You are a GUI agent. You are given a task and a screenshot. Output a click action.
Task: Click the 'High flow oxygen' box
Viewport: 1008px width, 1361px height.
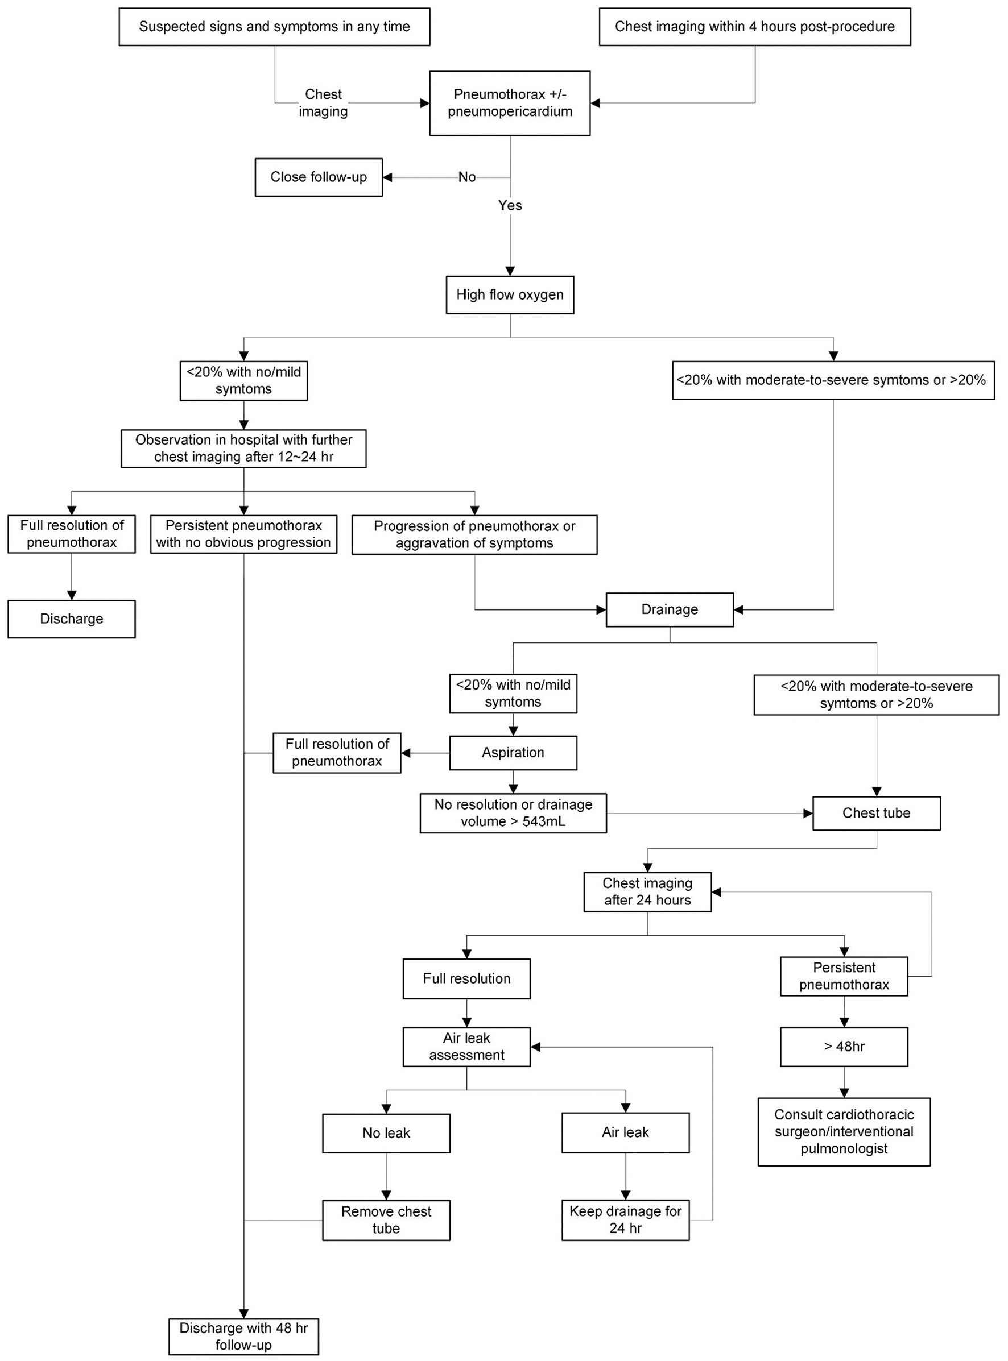coord(510,295)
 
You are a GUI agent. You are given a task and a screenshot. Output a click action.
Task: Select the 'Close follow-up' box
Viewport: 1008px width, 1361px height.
coord(319,177)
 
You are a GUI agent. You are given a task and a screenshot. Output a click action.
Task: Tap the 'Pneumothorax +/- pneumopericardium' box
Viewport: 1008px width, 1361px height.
coord(510,103)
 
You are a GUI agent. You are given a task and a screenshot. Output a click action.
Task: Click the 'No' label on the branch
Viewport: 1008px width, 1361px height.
coord(467,177)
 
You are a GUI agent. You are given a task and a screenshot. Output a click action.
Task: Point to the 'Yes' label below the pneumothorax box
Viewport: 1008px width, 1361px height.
coord(510,205)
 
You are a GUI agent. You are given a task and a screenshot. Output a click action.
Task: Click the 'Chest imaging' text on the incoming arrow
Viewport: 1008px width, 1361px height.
coord(323,103)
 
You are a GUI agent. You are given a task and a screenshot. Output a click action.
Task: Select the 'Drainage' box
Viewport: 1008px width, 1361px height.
coord(670,609)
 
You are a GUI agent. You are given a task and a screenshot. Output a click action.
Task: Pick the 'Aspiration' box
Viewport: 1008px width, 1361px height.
coord(513,753)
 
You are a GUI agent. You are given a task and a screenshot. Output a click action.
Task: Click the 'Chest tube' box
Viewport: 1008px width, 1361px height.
coord(876,813)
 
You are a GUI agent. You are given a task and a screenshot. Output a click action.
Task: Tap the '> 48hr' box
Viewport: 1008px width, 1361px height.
coord(844,1047)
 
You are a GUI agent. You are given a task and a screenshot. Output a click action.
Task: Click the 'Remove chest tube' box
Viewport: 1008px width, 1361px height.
coord(386,1219)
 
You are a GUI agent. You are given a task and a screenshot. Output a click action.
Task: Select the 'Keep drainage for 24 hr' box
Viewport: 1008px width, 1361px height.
coord(625,1219)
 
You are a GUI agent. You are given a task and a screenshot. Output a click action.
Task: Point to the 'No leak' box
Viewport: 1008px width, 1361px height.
coord(386,1133)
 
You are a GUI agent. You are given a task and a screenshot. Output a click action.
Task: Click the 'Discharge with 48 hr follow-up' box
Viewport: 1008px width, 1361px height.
coord(243,1336)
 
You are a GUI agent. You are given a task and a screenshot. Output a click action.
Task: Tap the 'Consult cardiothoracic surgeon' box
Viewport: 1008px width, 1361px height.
coord(844,1132)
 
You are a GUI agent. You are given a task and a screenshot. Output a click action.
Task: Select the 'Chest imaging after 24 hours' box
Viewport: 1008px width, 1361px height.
coord(647,891)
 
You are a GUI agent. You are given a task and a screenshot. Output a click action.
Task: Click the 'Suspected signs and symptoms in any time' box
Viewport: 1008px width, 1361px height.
coord(274,27)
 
